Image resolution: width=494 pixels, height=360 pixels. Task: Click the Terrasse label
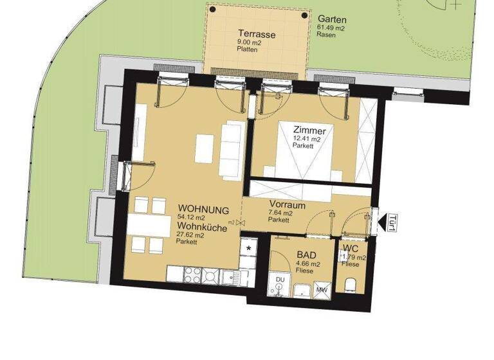(257, 34)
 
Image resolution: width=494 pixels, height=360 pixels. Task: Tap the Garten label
(332, 19)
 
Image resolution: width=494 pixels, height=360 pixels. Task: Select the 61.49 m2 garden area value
(331, 28)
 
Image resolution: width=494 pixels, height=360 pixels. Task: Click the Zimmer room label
(309, 130)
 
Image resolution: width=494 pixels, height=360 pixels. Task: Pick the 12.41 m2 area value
(309, 139)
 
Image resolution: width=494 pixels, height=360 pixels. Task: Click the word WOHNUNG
(203, 210)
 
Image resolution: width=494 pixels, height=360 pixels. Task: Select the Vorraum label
(287, 205)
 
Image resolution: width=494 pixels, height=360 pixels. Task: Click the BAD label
(306, 255)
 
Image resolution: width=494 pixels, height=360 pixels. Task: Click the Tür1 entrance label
(392, 222)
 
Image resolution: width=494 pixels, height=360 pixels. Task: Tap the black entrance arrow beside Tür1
(381, 222)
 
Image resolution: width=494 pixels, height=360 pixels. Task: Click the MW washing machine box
(321, 289)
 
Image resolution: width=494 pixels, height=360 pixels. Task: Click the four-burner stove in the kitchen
(201, 275)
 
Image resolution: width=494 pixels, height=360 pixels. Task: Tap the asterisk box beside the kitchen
(248, 248)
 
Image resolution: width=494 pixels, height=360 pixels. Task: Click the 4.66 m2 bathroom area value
(307, 264)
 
